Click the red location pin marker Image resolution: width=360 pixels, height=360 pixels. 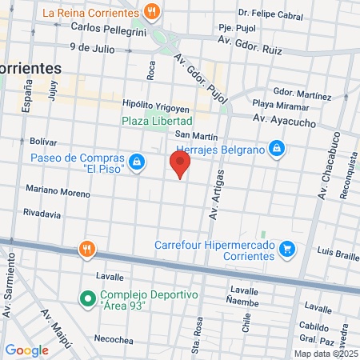tap(180, 166)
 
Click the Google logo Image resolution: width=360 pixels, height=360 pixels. tap(27, 350)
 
